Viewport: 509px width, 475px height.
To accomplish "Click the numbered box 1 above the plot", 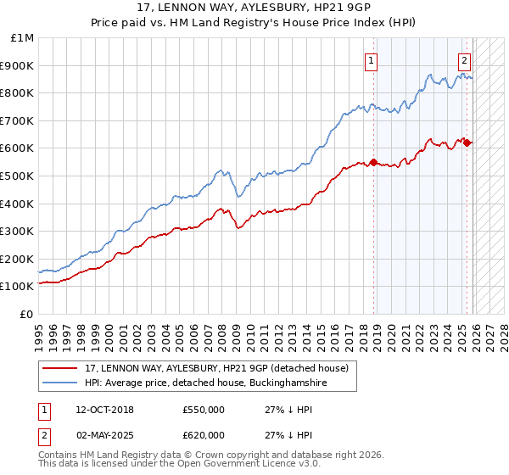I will [x=372, y=59].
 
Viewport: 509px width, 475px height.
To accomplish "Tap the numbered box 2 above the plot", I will [x=465, y=59].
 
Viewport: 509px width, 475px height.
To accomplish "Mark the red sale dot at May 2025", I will [x=467, y=142].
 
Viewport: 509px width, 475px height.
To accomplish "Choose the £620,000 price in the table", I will [x=204, y=434].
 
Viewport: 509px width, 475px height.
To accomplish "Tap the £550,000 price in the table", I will [x=204, y=410].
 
